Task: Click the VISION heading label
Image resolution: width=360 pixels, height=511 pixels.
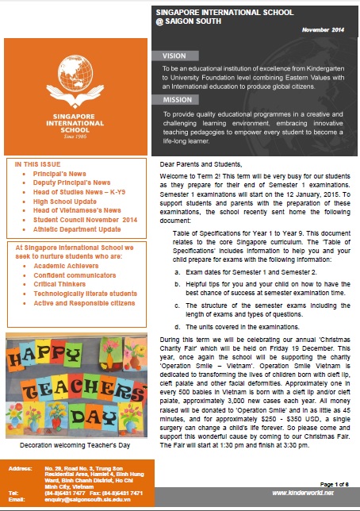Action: coord(176,56)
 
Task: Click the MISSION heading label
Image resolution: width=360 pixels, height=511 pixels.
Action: coord(178,100)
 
